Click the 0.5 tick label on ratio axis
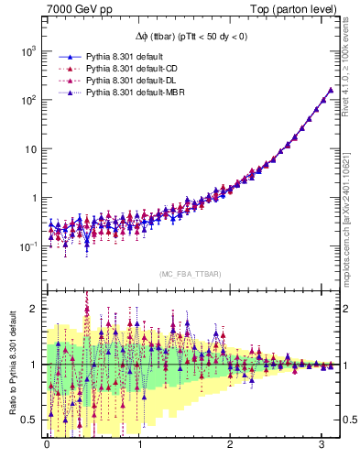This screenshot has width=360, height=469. [27, 420]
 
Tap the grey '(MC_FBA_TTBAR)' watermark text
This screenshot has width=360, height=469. [190, 275]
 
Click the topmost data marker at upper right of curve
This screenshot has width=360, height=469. [331, 90]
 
